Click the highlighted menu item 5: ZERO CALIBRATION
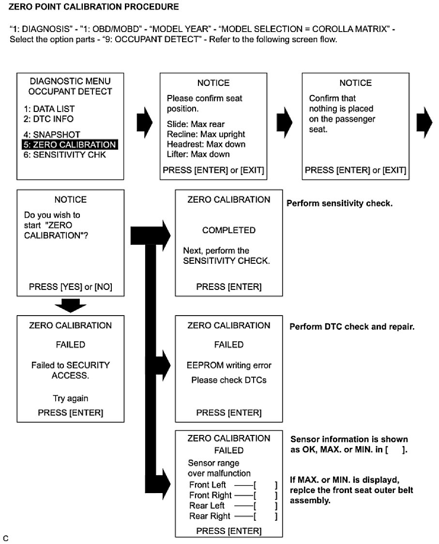click(70, 145)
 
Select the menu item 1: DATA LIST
click(49, 109)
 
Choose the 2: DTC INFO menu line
click(48, 119)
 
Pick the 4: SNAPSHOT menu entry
click(51, 135)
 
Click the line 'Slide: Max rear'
click(196, 125)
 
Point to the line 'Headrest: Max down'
click(206, 144)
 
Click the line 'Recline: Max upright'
click(206, 134)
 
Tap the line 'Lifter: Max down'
click(198, 154)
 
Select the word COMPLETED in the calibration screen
click(228, 230)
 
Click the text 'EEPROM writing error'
click(229, 365)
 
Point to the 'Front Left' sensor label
click(206, 485)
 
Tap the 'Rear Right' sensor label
click(210, 516)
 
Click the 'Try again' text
click(71, 399)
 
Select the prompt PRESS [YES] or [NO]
click(71, 287)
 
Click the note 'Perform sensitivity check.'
click(339, 203)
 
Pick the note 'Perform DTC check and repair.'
click(352, 327)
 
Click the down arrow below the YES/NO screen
click(71, 305)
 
